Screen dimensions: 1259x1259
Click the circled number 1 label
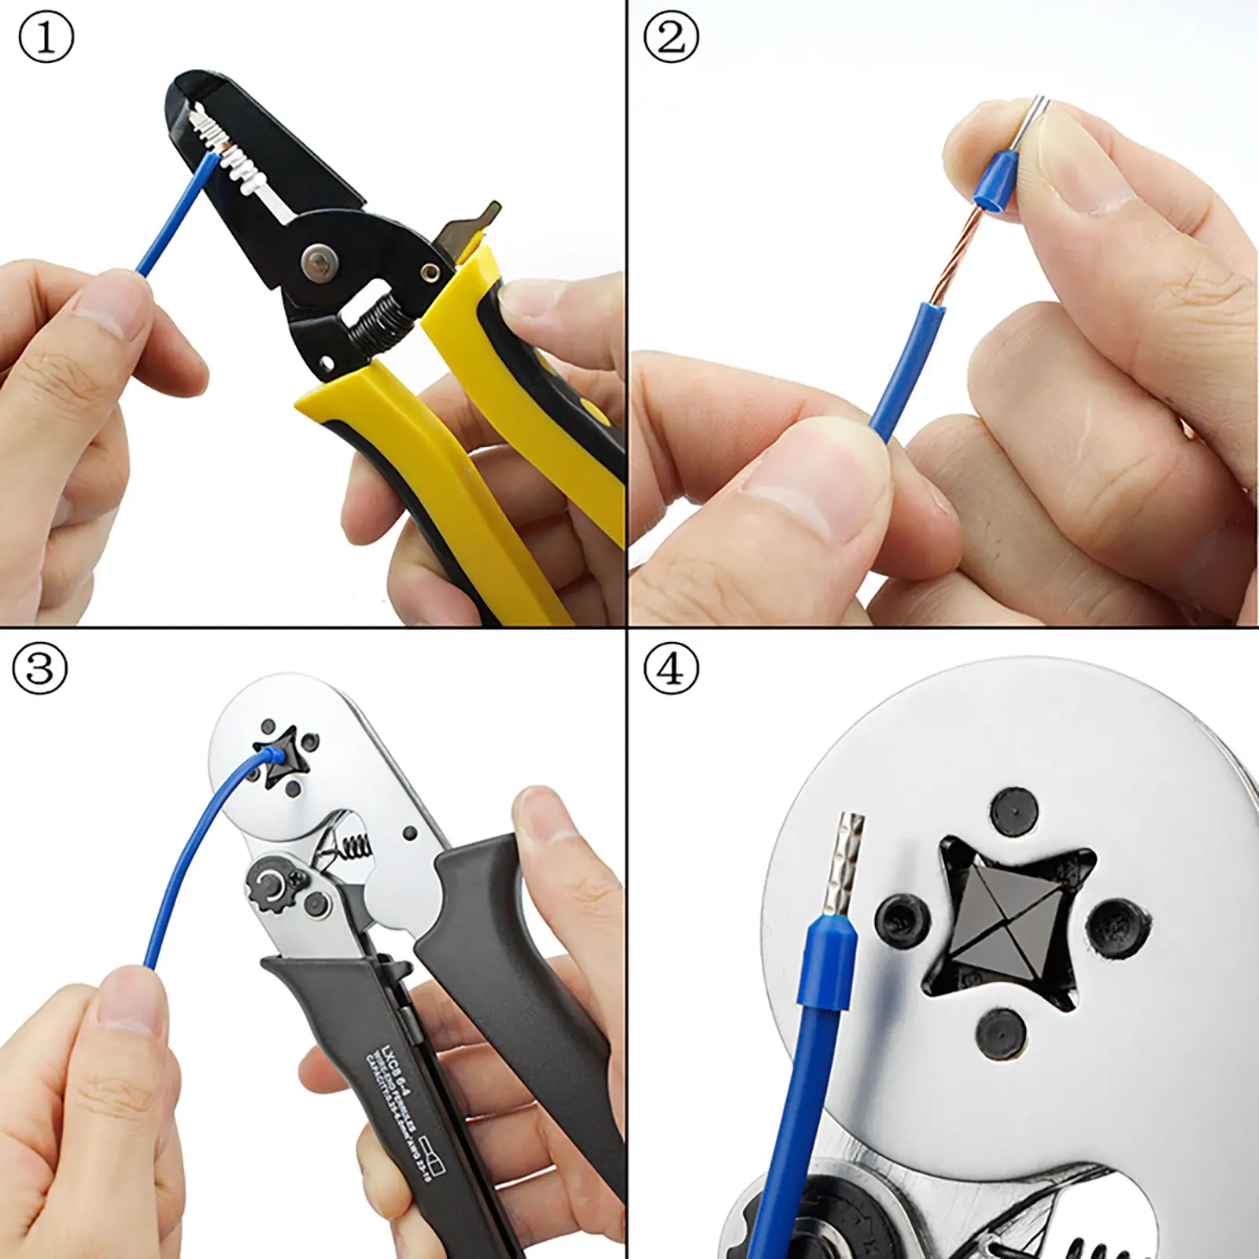click(46, 38)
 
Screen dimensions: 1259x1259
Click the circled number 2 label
click(670, 38)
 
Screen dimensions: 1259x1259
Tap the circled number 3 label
click(40, 669)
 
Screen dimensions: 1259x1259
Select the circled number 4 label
click(670, 669)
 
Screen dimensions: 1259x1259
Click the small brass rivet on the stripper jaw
click(429, 272)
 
